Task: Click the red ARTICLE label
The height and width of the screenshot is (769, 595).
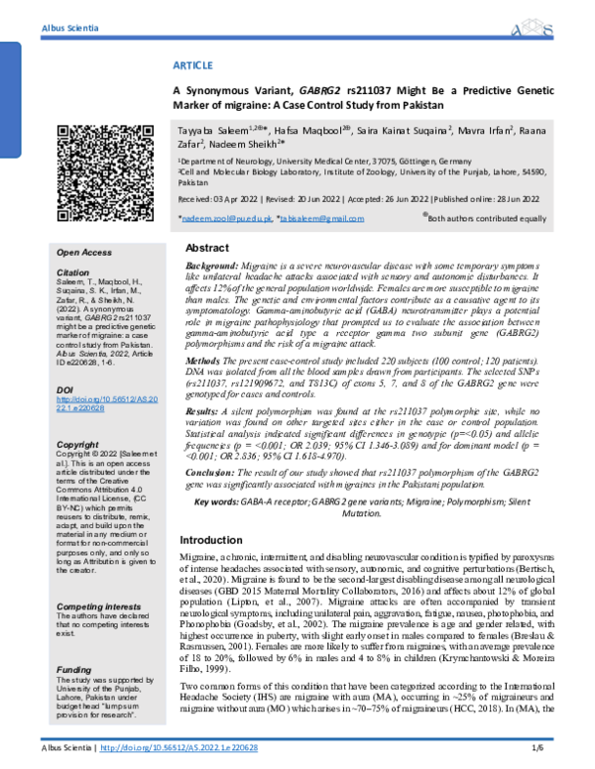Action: point(193,63)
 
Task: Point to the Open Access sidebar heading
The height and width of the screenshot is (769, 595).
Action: point(84,253)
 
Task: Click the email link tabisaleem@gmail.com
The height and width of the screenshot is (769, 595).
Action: point(315,216)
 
